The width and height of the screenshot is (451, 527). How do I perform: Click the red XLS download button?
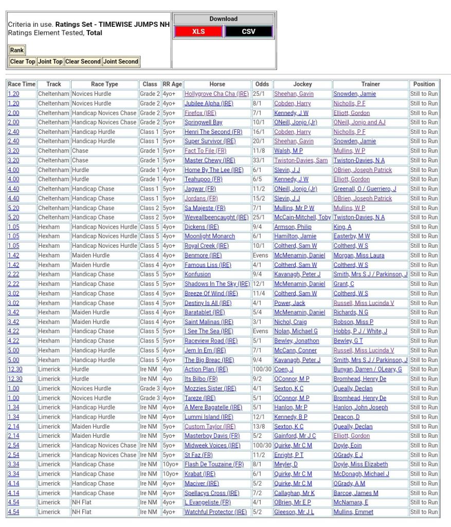click(199, 31)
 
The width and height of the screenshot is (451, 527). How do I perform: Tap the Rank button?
click(17, 50)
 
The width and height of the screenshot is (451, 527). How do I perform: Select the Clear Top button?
click(23, 62)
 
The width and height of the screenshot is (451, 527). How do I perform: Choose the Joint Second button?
click(121, 62)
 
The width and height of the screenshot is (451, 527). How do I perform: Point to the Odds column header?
click(261, 84)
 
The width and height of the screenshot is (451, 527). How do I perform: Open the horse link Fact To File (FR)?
click(205, 151)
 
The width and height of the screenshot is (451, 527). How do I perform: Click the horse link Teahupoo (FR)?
click(203, 179)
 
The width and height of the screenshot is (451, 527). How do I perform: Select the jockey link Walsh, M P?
click(288, 151)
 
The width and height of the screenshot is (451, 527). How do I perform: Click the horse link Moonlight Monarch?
click(209, 236)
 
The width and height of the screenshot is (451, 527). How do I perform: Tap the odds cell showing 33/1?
click(259, 160)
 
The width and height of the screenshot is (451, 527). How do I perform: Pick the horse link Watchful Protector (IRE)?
click(215, 512)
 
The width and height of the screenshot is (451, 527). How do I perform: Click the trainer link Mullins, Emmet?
click(353, 512)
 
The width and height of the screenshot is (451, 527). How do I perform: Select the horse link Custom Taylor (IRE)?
click(210, 427)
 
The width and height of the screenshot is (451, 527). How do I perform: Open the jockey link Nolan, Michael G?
click(296, 331)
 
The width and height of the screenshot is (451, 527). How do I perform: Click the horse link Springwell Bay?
click(203, 123)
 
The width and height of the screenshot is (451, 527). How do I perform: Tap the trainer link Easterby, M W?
click(351, 236)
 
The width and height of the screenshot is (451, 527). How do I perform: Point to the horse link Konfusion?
click(197, 274)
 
